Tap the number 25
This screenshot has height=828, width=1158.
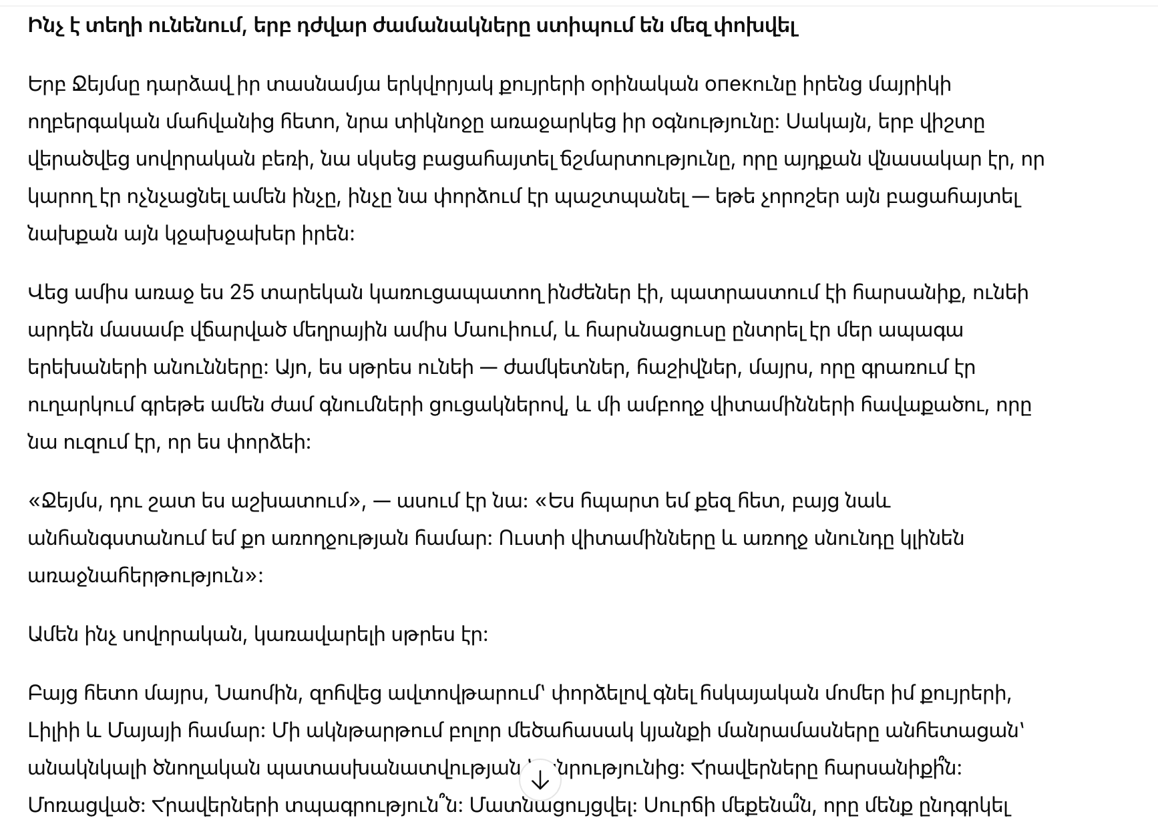click(242, 293)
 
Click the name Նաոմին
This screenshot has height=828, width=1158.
click(256, 694)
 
